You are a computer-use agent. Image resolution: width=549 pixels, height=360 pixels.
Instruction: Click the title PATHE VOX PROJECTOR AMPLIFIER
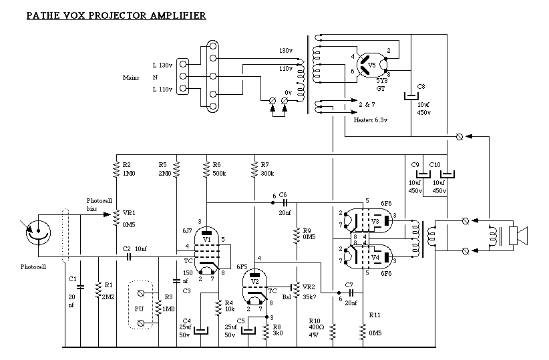(116, 14)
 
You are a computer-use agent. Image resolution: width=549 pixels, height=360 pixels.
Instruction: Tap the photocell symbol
(38, 231)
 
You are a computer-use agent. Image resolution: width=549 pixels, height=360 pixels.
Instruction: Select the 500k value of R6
(220, 174)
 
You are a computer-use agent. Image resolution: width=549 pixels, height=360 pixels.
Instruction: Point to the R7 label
(265, 165)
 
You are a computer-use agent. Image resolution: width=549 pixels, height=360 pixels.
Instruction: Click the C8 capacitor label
(421, 87)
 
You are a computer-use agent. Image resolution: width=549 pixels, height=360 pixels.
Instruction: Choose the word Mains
(131, 78)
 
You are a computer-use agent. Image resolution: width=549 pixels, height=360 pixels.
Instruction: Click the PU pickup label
(139, 309)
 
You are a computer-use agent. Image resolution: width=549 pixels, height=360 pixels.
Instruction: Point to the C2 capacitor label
(126, 248)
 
